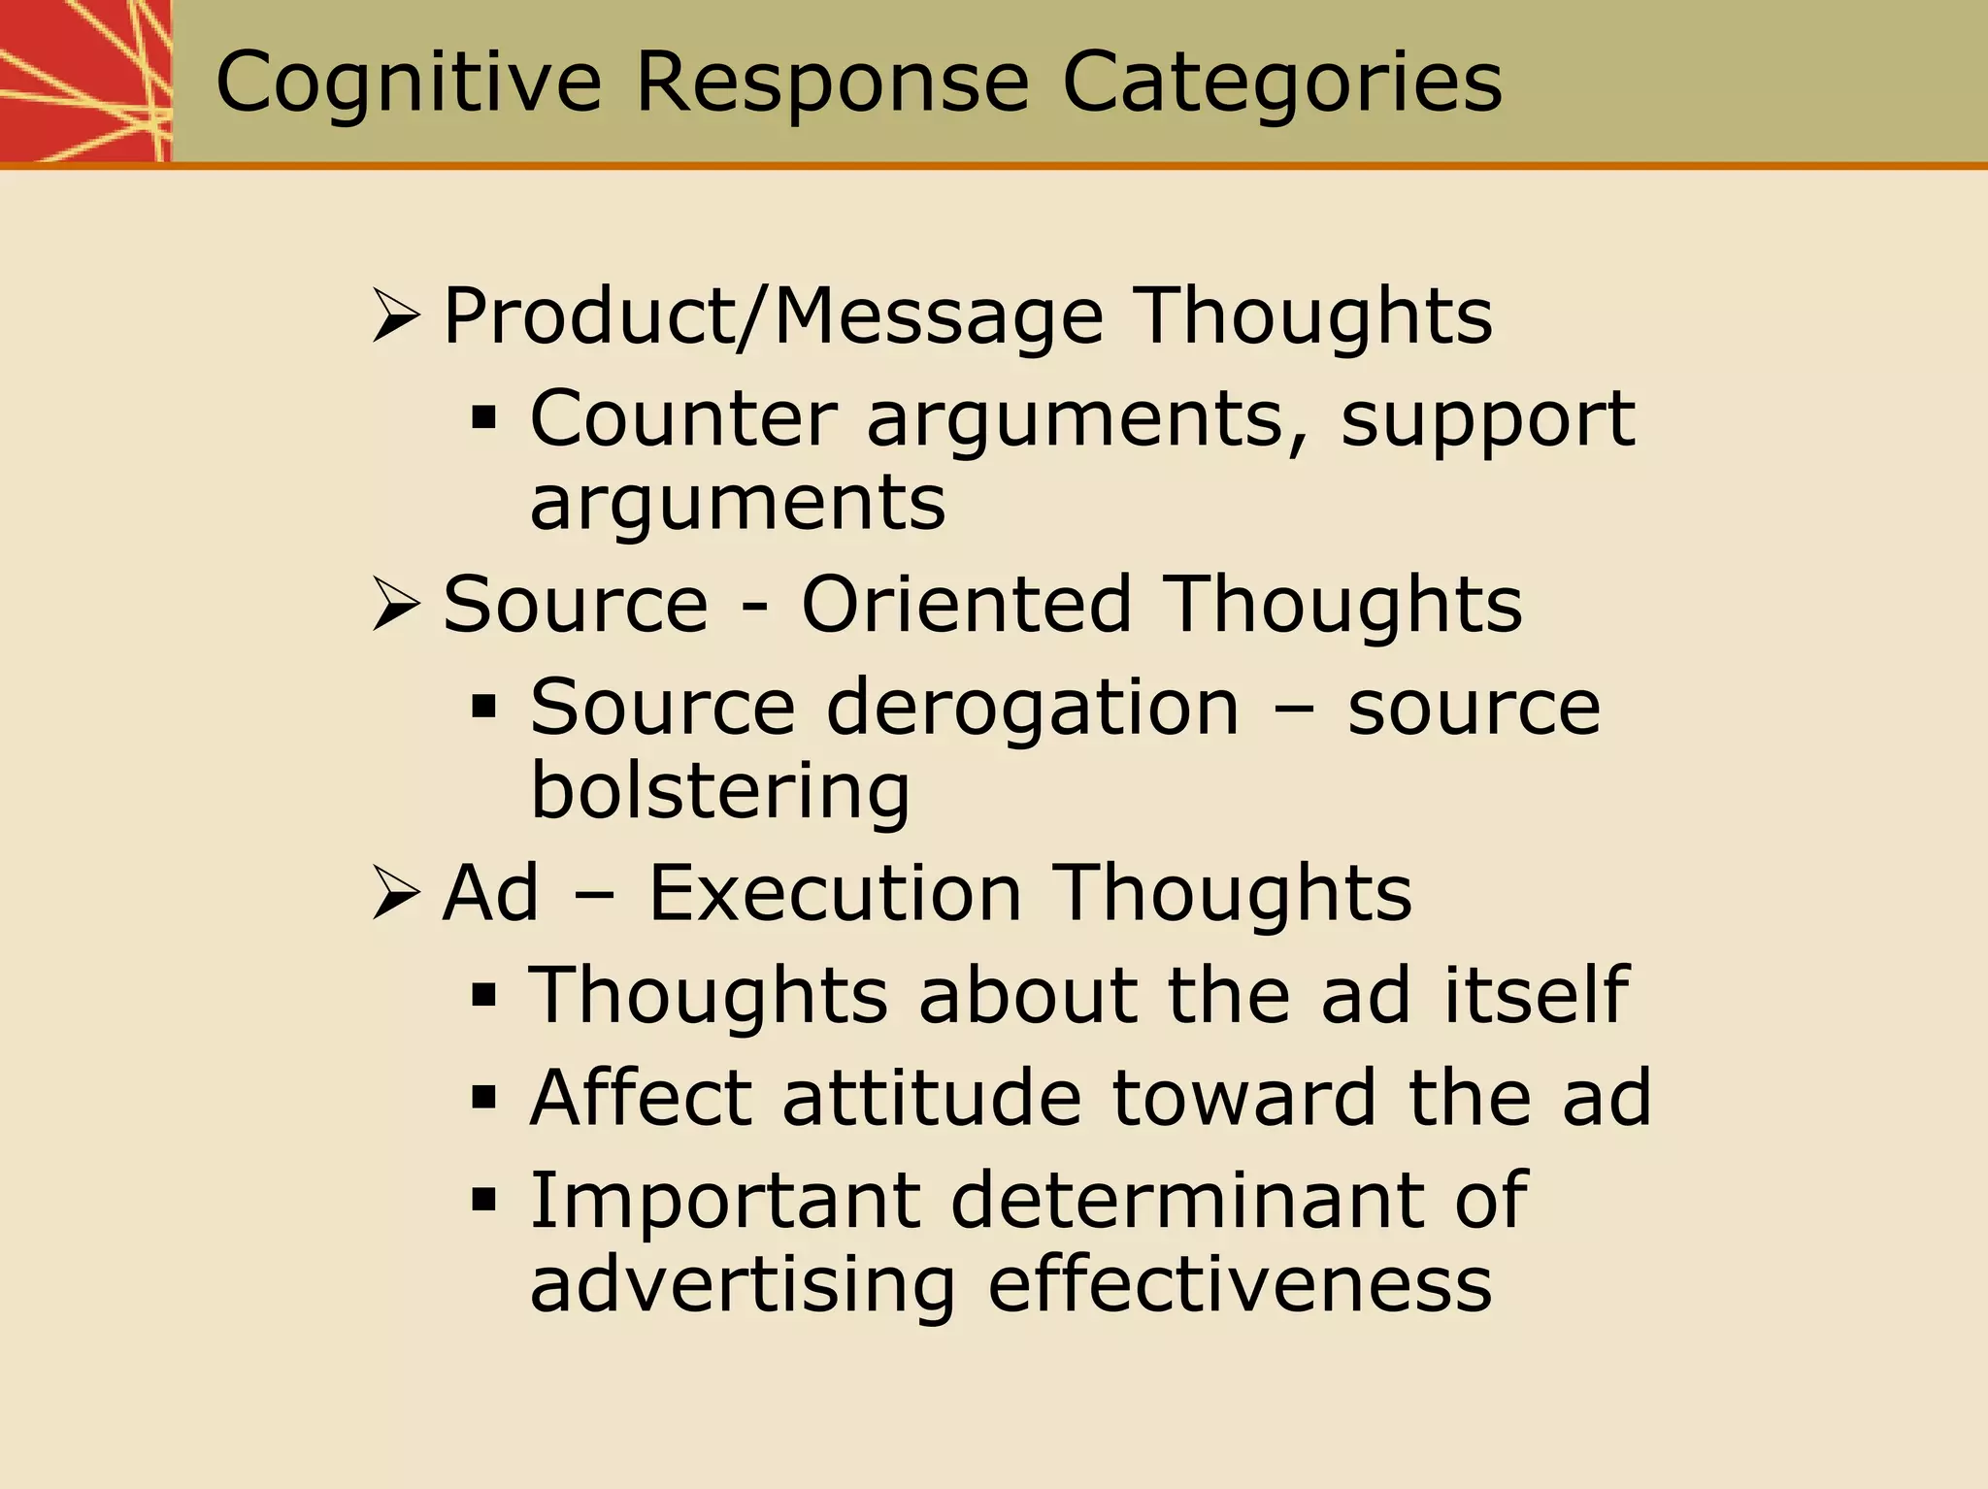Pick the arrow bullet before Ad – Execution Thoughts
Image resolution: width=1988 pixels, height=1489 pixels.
(395, 893)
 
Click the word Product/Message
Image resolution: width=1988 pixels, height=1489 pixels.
(773, 316)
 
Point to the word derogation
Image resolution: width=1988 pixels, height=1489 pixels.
(1033, 709)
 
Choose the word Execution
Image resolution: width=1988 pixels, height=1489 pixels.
(835, 893)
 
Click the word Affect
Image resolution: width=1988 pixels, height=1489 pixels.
(641, 1098)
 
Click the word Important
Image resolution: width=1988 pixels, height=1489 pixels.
(724, 1202)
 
